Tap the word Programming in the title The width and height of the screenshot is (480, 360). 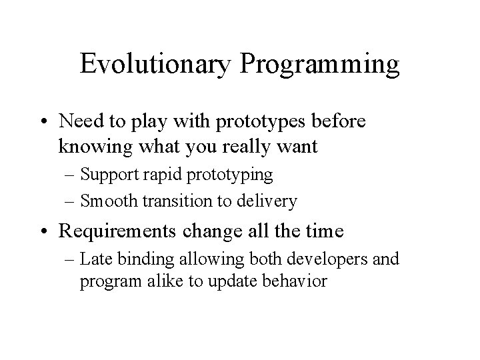[x=319, y=65]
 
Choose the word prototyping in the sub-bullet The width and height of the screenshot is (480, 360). [x=231, y=176]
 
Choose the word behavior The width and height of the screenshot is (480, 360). [x=296, y=281]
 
